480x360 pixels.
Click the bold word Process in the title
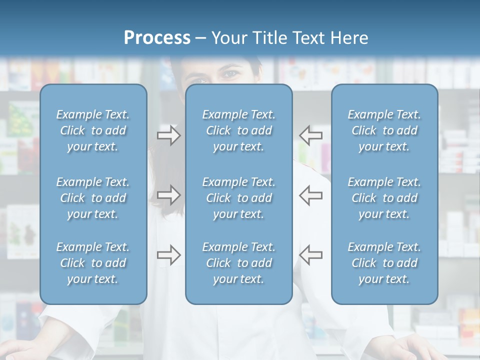click(157, 38)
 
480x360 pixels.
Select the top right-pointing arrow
click(168, 135)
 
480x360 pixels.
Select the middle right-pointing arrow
click(168, 194)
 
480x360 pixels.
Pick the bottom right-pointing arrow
click(168, 255)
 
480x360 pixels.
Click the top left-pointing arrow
click(311, 135)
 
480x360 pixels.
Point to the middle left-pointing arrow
click(311, 194)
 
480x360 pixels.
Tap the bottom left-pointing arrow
click(311, 255)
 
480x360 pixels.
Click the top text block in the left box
click(93, 130)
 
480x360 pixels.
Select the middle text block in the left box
click(93, 198)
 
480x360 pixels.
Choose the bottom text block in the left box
click(93, 263)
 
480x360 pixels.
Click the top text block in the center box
click(238, 130)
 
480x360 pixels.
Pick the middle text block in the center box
click(238, 198)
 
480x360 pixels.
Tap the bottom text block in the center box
click(238, 263)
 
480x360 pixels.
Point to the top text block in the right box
click(384, 130)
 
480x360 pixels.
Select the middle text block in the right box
click(384, 198)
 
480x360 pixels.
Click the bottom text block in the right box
click(384, 263)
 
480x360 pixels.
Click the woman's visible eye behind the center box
click(231, 74)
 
